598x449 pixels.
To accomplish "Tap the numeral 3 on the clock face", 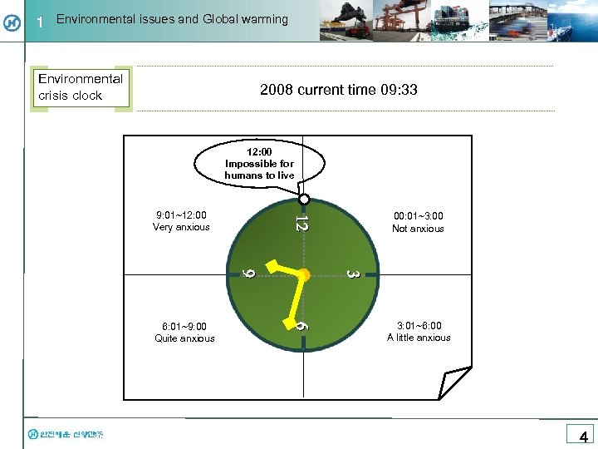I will [352, 274].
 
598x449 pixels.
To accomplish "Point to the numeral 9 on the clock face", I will [248, 272].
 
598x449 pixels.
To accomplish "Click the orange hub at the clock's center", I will [304, 274].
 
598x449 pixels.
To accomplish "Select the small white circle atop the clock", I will [304, 200].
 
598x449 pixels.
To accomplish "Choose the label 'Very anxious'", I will [181, 227].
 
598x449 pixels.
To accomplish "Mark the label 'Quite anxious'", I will [184, 338].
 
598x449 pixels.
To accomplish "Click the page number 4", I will [583, 437].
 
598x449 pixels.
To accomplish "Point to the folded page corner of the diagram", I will [454, 382].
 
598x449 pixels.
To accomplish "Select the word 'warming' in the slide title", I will [262, 18].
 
